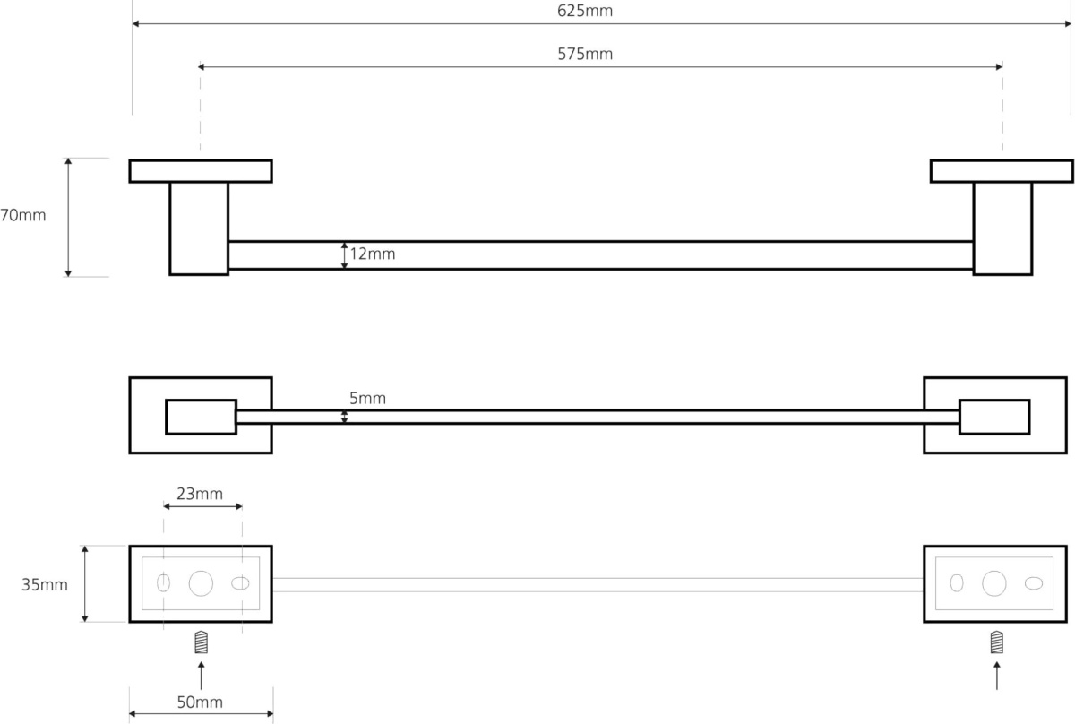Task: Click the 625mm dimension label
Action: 584,11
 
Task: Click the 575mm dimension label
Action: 584,54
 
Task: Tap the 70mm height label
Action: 22,215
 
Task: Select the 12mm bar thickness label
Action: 373,254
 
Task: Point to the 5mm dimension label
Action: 367,398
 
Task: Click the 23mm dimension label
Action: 200,494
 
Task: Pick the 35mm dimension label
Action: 45,585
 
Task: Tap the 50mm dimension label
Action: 200,702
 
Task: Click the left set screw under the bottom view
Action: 201,642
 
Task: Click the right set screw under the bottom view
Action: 997,642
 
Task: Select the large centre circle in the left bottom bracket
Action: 201,583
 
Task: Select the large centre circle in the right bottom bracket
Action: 994,583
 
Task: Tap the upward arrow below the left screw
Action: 201,676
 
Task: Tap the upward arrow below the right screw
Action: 997,676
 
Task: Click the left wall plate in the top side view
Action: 201,171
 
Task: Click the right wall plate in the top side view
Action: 1002,171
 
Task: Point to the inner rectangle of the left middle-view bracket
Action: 201,417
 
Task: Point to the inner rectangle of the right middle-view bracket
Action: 994,417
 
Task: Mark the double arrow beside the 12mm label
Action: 344,255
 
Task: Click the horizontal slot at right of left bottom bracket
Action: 240,583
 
